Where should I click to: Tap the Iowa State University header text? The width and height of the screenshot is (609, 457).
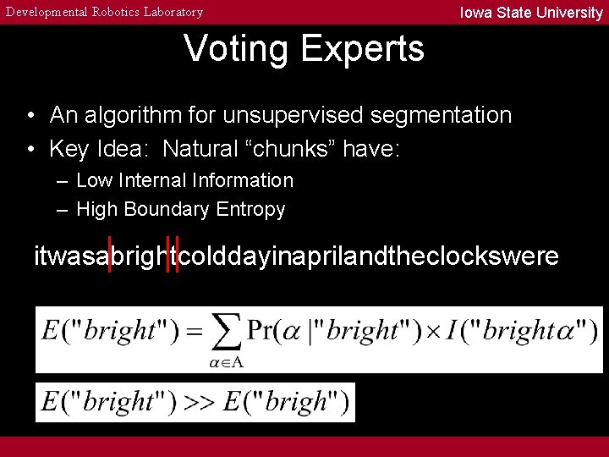[530, 13]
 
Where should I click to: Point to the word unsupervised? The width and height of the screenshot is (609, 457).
[303, 115]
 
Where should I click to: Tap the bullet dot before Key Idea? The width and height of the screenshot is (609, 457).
[30, 150]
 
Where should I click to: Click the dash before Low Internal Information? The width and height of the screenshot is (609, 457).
[63, 181]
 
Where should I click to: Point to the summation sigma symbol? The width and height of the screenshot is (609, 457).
[224, 333]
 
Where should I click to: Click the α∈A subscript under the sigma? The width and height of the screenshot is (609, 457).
[226, 362]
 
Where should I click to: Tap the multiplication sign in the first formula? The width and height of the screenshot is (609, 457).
[433, 330]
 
